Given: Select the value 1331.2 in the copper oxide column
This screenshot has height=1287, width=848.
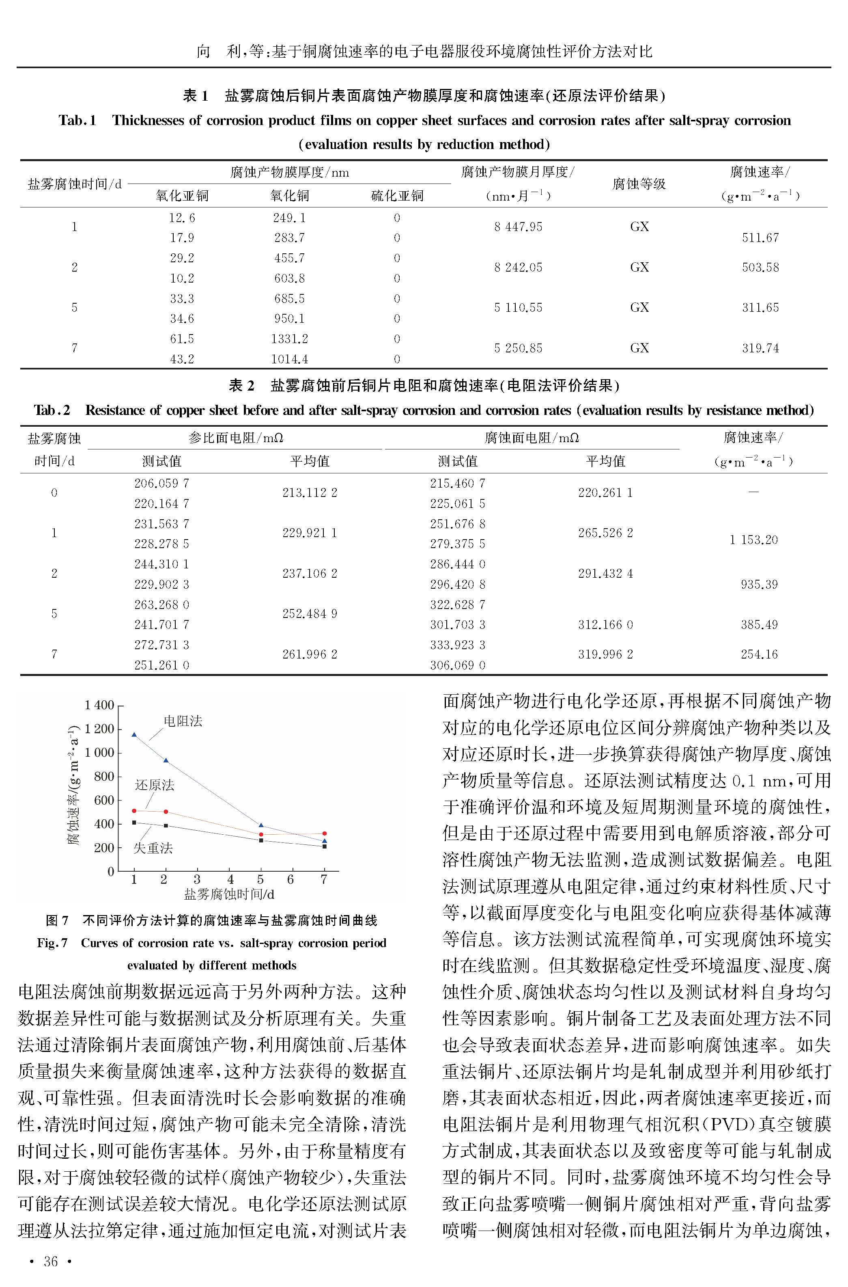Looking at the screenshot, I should tap(289, 339).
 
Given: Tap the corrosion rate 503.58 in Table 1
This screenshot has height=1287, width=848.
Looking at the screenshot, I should tap(760, 267).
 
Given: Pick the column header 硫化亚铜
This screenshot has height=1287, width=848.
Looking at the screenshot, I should tap(397, 196).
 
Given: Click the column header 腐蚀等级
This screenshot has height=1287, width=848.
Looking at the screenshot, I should tap(639, 184).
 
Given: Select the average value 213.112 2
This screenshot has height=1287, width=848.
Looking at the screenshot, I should tap(309, 493).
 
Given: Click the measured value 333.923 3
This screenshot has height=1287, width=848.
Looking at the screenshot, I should tap(458, 645).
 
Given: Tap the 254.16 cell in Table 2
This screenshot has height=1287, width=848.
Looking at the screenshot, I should tap(759, 654).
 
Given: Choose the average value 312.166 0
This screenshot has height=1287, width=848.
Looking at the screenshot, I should tap(605, 625).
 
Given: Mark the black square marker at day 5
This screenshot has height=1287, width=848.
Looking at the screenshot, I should tap(260, 840).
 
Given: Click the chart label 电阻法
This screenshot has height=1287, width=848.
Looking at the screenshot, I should tap(183, 721).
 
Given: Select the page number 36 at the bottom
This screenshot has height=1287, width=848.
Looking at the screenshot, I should tap(50, 1261).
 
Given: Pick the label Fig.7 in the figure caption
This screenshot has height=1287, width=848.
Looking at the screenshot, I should tap(52, 943).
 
